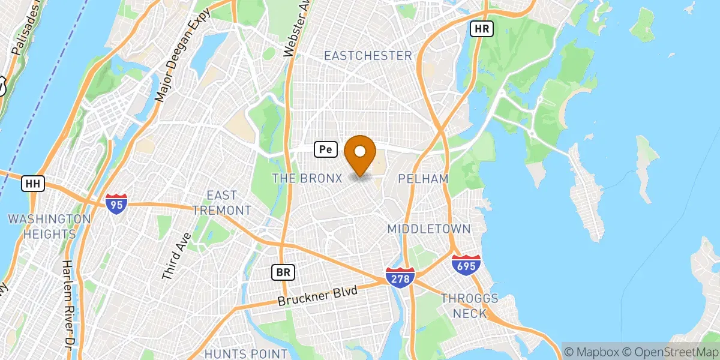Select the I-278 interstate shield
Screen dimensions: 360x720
[399, 277]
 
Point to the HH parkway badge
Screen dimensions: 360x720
[33, 184]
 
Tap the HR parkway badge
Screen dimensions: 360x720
[481, 28]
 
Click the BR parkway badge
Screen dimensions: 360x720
[284, 272]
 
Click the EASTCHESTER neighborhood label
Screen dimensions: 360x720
[368, 56]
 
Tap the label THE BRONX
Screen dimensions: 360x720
[307, 178]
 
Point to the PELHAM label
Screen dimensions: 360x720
[422, 179]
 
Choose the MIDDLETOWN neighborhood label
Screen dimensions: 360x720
[428, 229]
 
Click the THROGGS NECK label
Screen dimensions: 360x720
[469, 305]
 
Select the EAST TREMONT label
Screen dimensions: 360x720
[221, 203]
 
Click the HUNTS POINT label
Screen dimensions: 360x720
[246, 353]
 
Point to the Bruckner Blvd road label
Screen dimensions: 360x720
[317, 295]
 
